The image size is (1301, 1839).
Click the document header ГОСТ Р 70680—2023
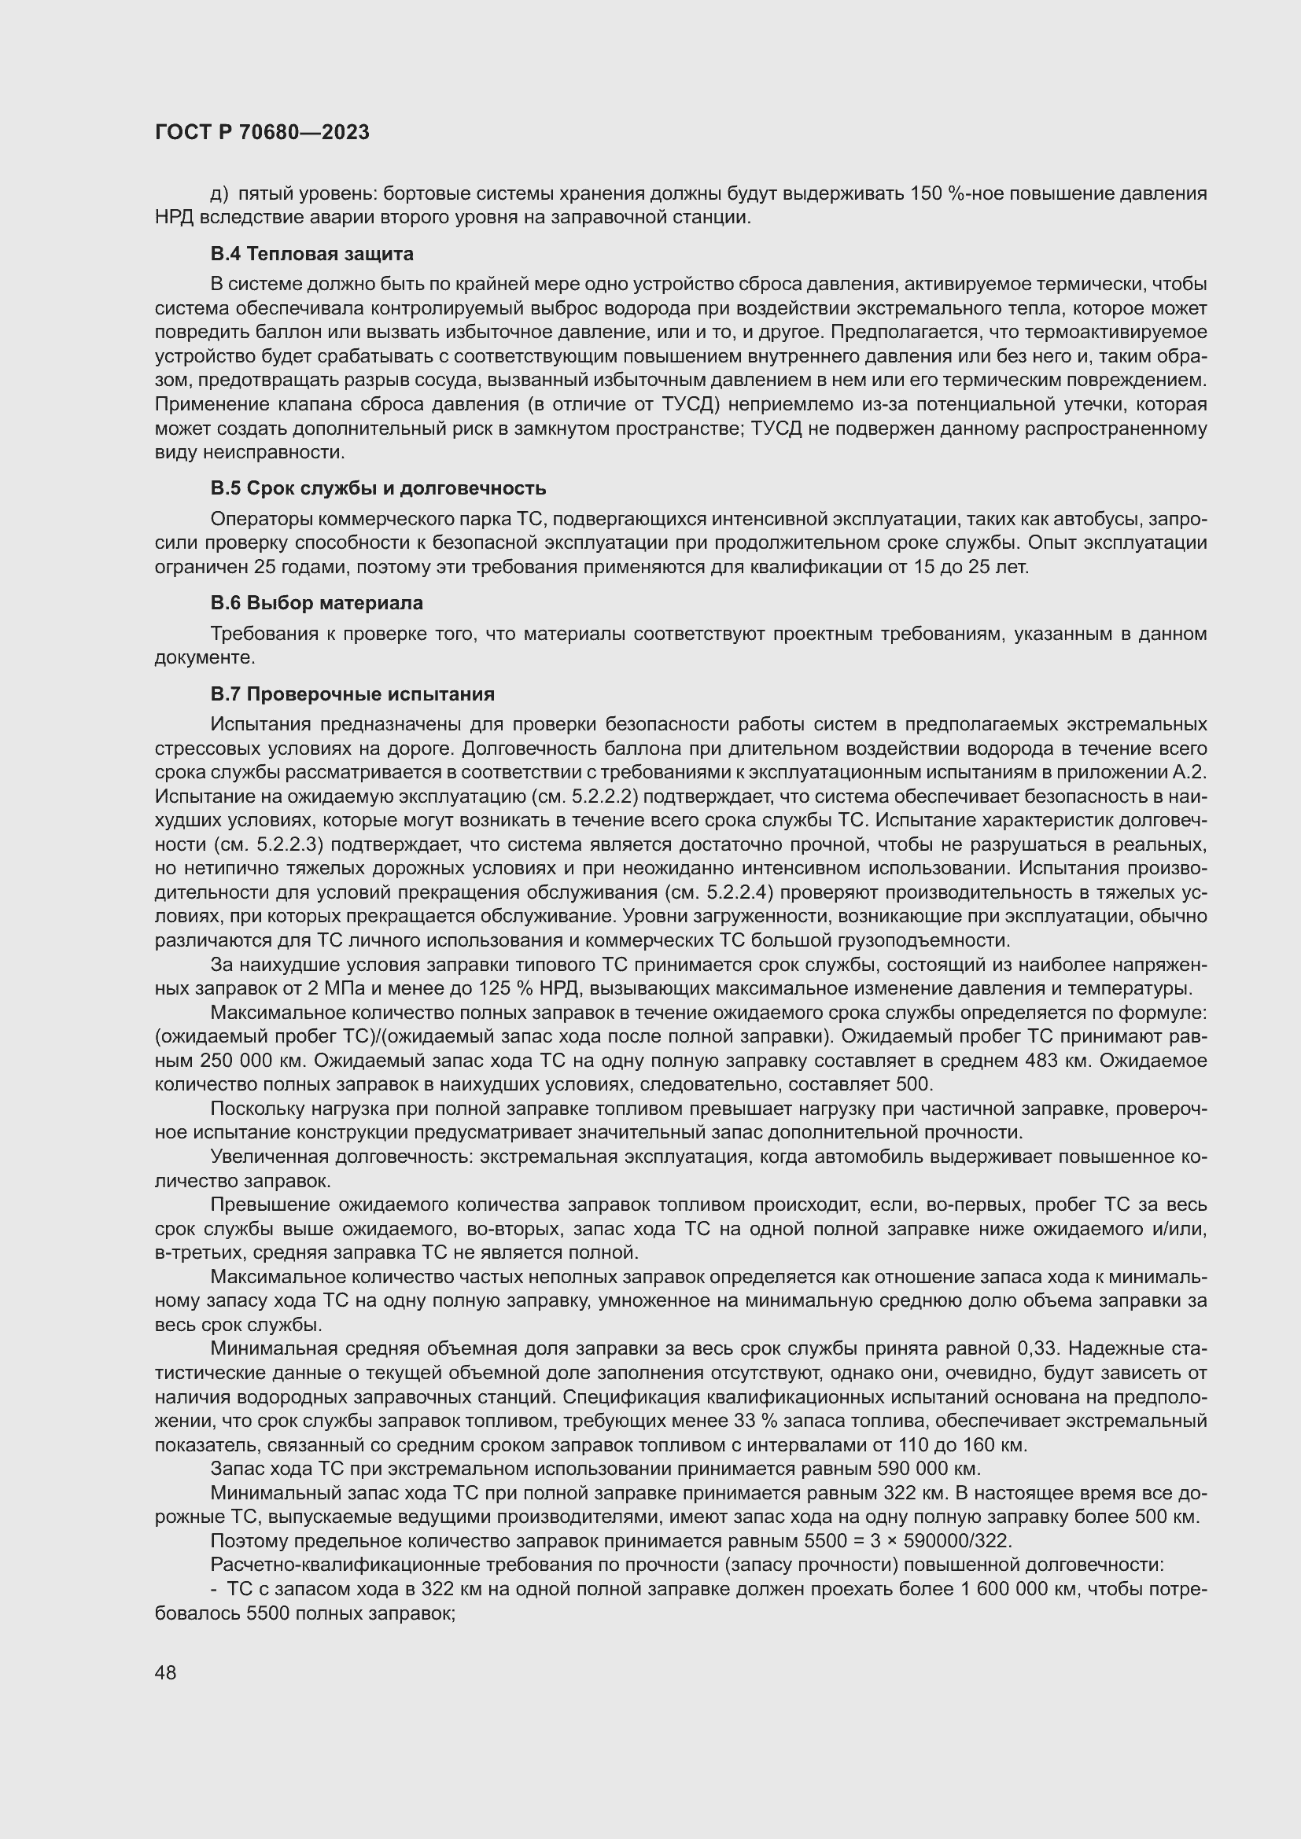[262, 132]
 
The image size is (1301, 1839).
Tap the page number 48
[166, 1672]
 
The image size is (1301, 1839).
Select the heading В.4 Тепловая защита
[311, 254]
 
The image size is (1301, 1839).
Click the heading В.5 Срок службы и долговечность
[378, 488]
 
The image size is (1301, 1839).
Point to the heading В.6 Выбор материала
[316, 603]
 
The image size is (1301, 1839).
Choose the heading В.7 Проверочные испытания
[352, 693]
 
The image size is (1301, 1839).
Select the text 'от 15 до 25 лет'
[967, 568]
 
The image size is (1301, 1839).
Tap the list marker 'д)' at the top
[219, 194]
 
